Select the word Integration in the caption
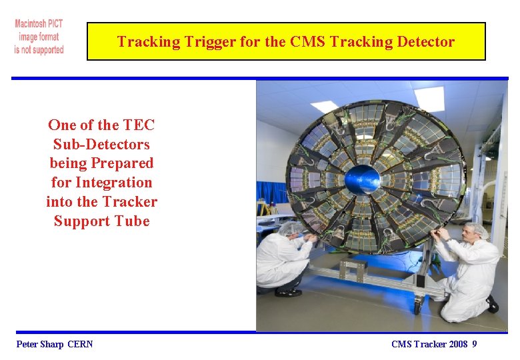[113, 182]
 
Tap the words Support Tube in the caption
[101, 221]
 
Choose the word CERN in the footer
[81, 344]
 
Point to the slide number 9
[474, 344]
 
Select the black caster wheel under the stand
[417, 307]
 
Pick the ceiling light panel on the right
[428, 99]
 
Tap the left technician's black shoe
[289, 292]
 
